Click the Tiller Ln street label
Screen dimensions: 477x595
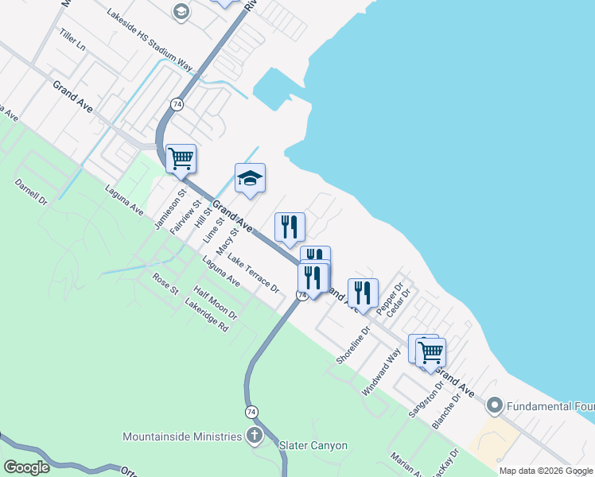(71, 41)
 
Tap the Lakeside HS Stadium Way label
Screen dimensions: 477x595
(150, 38)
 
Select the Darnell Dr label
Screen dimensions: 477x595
(31, 192)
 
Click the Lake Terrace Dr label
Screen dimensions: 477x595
(254, 272)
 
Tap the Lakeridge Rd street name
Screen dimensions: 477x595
(206, 316)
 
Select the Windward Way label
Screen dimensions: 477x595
(380, 371)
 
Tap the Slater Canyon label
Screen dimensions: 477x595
(313, 445)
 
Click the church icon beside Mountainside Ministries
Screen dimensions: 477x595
(255, 436)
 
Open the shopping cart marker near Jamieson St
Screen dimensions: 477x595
(181, 159)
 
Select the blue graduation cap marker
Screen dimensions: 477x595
(249, 179)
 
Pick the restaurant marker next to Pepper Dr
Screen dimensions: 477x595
(362, 293)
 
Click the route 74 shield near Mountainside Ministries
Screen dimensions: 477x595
(251, 411)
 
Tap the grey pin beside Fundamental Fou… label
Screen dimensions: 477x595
(494, 406)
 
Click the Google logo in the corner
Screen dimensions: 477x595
(26, 467)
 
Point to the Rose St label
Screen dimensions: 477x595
(165, 283)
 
